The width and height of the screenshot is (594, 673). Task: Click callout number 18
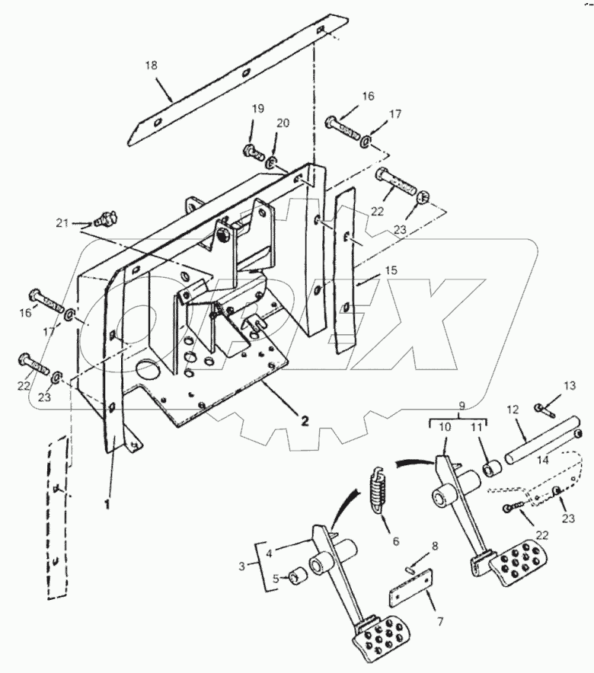tap(151, 65)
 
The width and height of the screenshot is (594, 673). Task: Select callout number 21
tap(62, 223)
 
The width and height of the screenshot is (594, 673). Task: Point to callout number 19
tap(258, 109)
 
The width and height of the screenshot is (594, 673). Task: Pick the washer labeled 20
tap(271, 163)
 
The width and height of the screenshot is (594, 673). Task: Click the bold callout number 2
tap(305, 421)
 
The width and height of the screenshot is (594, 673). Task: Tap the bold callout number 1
tap(107, 503)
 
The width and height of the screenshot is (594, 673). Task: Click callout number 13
tap(569, 386)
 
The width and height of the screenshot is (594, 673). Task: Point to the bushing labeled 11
tap(493, 468)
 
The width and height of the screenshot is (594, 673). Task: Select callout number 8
tap(435, 546)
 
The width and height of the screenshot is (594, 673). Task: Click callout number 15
tap(391, 270)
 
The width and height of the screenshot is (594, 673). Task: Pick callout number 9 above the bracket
tap(461, 405)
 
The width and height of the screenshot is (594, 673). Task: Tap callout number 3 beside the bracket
tap(242, 566)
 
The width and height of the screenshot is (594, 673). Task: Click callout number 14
tap(542, 461)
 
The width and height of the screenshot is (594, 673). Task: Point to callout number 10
tap(445, 428)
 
